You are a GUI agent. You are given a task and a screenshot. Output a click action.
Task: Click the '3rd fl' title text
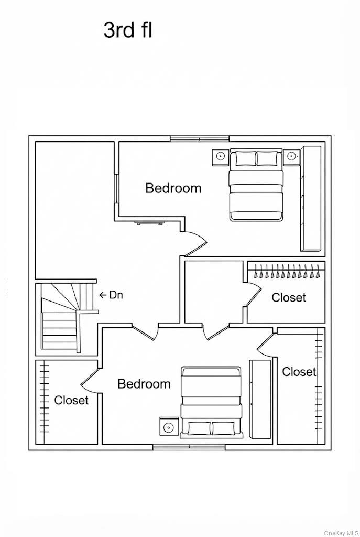[x=127, y=30]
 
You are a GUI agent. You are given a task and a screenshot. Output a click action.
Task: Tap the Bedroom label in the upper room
[x=173, y=188]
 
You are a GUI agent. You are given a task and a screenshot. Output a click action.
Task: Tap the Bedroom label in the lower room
[x=144, y=384]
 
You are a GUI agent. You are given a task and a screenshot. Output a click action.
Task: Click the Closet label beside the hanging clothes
[x=289, y=297]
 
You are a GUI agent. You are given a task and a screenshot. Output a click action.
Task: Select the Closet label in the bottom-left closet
[x=71, y=400]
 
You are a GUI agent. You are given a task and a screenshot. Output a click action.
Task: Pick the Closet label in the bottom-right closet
[x=299, y=372]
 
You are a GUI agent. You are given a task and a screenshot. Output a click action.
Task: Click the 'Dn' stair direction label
[x=116, y=295]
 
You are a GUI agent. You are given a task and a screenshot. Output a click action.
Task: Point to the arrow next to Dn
[x=103, y=295]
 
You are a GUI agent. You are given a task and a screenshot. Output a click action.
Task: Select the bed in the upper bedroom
[x=256, y=185]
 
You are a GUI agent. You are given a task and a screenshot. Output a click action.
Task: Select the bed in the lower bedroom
[x=211, y=402]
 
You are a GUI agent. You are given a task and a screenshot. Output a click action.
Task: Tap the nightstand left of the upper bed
[x=220, y=156]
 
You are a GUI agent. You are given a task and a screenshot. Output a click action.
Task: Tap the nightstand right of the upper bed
[x=291, y=156]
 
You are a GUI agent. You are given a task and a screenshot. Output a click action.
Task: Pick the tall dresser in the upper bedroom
[x=310, y=198]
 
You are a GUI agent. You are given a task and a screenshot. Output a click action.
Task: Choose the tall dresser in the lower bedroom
[x=260, y=399]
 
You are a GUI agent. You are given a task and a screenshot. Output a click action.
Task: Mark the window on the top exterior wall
[x=200, y=139]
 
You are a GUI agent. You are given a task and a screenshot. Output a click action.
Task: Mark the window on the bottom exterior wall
[x=189, y=447]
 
